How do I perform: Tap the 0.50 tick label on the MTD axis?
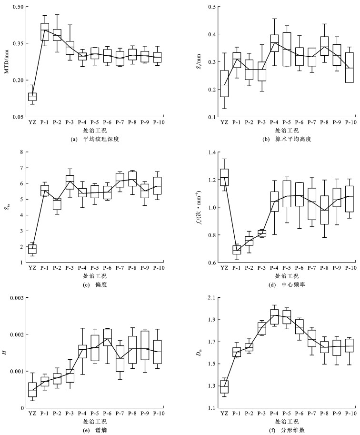coord(19,6)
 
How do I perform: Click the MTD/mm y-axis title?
coord(6,61)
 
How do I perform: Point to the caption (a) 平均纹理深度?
coord(95,139)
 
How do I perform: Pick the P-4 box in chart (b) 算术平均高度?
coord(274,43)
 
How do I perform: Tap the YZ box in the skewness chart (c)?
coord(32,249)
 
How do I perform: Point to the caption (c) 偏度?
coord(95,284)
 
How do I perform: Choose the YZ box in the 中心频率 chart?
coord(224,177)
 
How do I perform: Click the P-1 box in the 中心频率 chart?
coord(237,250)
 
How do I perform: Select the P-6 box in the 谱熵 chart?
coord(107,337)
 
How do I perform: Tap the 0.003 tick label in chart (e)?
coord(17,298)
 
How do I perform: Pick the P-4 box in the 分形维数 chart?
coord(274,316)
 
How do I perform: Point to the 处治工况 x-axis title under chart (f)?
coord(287,422)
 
